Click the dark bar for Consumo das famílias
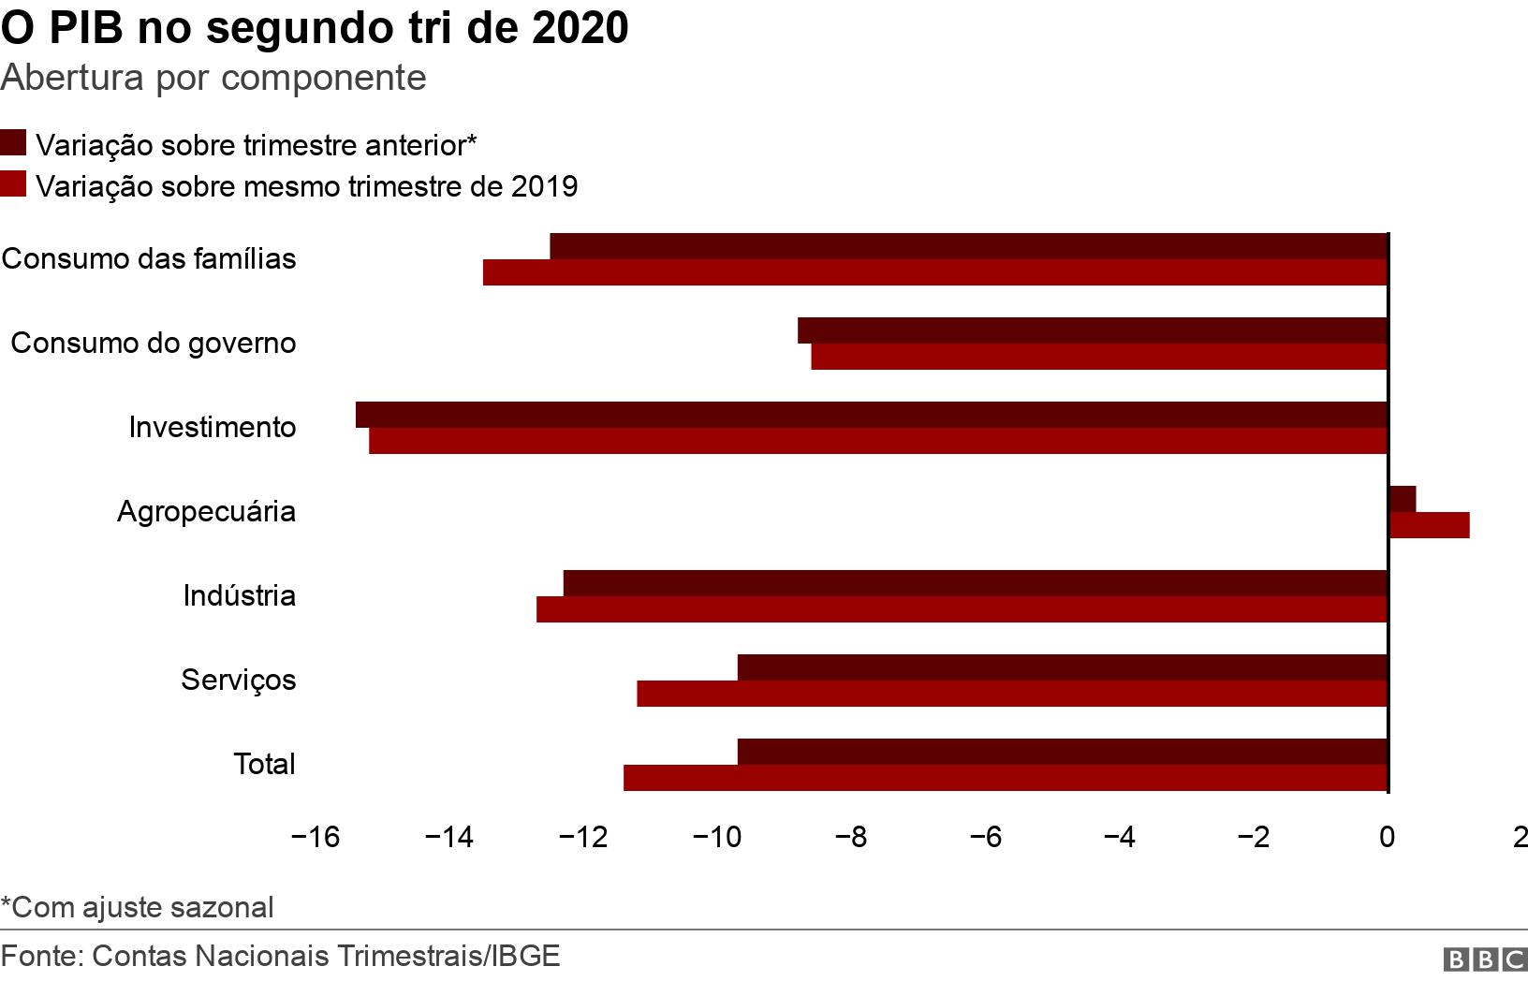967,246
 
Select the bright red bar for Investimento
877,441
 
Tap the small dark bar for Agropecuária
1402,499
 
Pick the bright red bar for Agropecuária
1428,525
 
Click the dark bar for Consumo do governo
1092,330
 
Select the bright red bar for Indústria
961,609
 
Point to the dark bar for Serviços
1062,667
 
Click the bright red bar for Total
1005,778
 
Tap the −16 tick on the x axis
316,838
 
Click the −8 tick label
851,838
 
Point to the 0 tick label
1387,838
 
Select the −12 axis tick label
583,838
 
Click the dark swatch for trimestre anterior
13,143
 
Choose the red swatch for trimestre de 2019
13,184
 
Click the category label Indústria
240,595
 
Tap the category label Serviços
239,680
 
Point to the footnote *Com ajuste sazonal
138,907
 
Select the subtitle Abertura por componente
213,78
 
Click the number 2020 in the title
580,29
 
